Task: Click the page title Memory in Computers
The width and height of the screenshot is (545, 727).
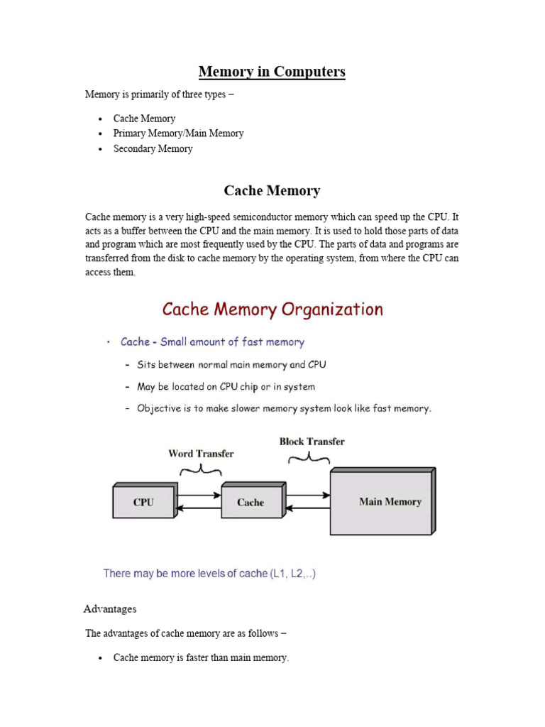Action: pyautogui.click(x=272, y=72)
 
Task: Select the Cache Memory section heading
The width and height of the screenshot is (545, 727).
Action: pyautogui.click(x=272, y=190)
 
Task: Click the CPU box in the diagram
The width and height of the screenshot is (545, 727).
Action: pyautogui.click(x=143, y=502)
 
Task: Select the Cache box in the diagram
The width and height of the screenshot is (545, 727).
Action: pyautogui.click(x=251, y=502)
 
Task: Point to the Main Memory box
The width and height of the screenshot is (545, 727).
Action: pyautogui.click(x=382, y=501)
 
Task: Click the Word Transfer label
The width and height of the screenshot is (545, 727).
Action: pyautogui.click(x=201, y=453)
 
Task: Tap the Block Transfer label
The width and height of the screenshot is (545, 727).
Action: pyautogui.click(x=312, y=441)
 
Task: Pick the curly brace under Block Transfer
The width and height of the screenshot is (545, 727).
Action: pyautogui.click(x=307, y=459)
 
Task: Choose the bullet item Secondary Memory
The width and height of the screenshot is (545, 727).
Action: pyautogui.click(x=153, y=148)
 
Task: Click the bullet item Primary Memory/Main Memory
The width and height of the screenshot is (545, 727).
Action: pyautogui.click(x=178, y=133)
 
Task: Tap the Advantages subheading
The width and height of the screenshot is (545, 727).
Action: pyautogui.click(x=110, y=609)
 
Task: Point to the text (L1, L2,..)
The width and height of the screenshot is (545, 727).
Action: pyautogui.click(x=292, y=573)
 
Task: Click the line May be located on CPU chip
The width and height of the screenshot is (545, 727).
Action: pyautogui.click(x=226, y=387)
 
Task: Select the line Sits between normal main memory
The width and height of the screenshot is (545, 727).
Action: pyautogui.click(x=231, y=365)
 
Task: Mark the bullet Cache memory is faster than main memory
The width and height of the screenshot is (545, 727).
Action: pyautogui.click(x=201, y=657)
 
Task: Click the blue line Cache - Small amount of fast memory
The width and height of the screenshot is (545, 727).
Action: pyautogui.click(x=212, y=342)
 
